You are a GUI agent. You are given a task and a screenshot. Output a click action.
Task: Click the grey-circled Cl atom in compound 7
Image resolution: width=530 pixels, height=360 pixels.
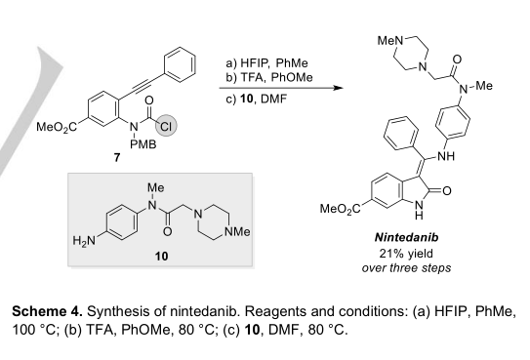166,126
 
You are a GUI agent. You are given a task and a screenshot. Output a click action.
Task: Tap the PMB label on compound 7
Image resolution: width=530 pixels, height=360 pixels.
143,144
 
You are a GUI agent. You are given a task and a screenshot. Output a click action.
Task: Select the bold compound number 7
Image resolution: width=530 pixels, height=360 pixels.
117,157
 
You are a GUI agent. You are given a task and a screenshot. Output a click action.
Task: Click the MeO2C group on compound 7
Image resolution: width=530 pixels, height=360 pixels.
57,127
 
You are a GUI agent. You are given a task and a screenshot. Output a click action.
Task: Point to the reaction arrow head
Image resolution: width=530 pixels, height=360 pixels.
338,88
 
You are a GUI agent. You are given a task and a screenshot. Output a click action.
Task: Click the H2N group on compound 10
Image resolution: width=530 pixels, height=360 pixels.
84,241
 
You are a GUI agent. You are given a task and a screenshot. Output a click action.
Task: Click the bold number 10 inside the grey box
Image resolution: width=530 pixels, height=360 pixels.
161,257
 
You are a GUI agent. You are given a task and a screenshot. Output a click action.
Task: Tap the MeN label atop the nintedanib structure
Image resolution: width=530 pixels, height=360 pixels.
390,41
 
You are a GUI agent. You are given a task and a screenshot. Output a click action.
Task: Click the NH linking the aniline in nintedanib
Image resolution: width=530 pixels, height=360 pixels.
446,156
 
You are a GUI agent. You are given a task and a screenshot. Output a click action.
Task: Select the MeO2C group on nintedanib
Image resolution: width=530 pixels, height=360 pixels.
341,209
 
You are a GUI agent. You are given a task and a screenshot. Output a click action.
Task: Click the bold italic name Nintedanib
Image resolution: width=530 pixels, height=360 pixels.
407,237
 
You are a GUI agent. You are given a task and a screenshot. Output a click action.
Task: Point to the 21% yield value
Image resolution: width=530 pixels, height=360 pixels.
406,253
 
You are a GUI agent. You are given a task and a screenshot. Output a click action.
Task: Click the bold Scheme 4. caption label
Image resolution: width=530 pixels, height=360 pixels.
47,311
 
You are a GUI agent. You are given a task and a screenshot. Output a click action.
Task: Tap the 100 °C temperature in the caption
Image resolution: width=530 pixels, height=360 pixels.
33,330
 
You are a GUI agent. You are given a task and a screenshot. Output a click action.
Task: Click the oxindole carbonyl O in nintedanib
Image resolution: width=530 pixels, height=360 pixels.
446,191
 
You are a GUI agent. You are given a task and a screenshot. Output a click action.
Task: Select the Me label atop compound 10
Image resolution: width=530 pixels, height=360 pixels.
156,187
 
